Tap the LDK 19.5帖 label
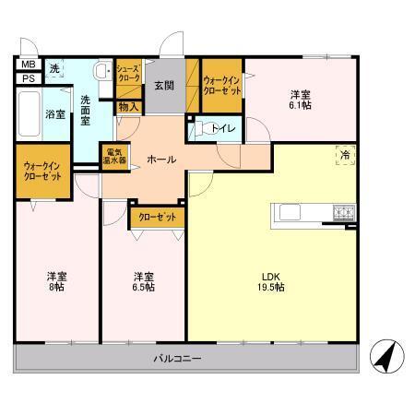click(270, 281)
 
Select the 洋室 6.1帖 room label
click(300, 101)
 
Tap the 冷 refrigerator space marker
click(343, 155)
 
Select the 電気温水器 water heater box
click(115, 156)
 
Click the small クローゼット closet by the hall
click(156, 218)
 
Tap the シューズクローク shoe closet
click(128, 74)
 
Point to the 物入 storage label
click(129, 107)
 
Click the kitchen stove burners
click(344, 214)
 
